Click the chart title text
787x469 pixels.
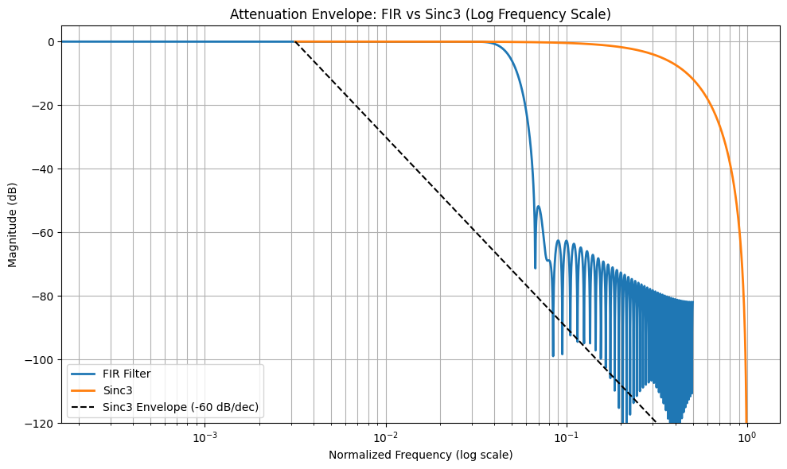point(420,14)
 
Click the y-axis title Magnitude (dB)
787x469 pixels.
point(14,232)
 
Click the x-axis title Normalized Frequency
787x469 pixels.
point(420,455)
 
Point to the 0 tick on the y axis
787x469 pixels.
point(49,42)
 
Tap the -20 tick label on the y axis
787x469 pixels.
point(43,106)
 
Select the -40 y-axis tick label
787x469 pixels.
point(43,169)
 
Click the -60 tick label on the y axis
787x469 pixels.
point(43,233)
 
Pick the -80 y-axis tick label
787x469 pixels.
point(43,297)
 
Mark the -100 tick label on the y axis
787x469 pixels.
point(40,360)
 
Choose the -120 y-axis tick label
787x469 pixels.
point(40,423)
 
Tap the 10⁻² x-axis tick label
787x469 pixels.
point(386,438)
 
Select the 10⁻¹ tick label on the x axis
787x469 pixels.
point(566,438)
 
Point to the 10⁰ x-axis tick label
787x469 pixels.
point(746,438)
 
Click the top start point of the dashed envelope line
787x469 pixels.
point(295,42)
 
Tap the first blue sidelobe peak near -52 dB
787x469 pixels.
point(539,207)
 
